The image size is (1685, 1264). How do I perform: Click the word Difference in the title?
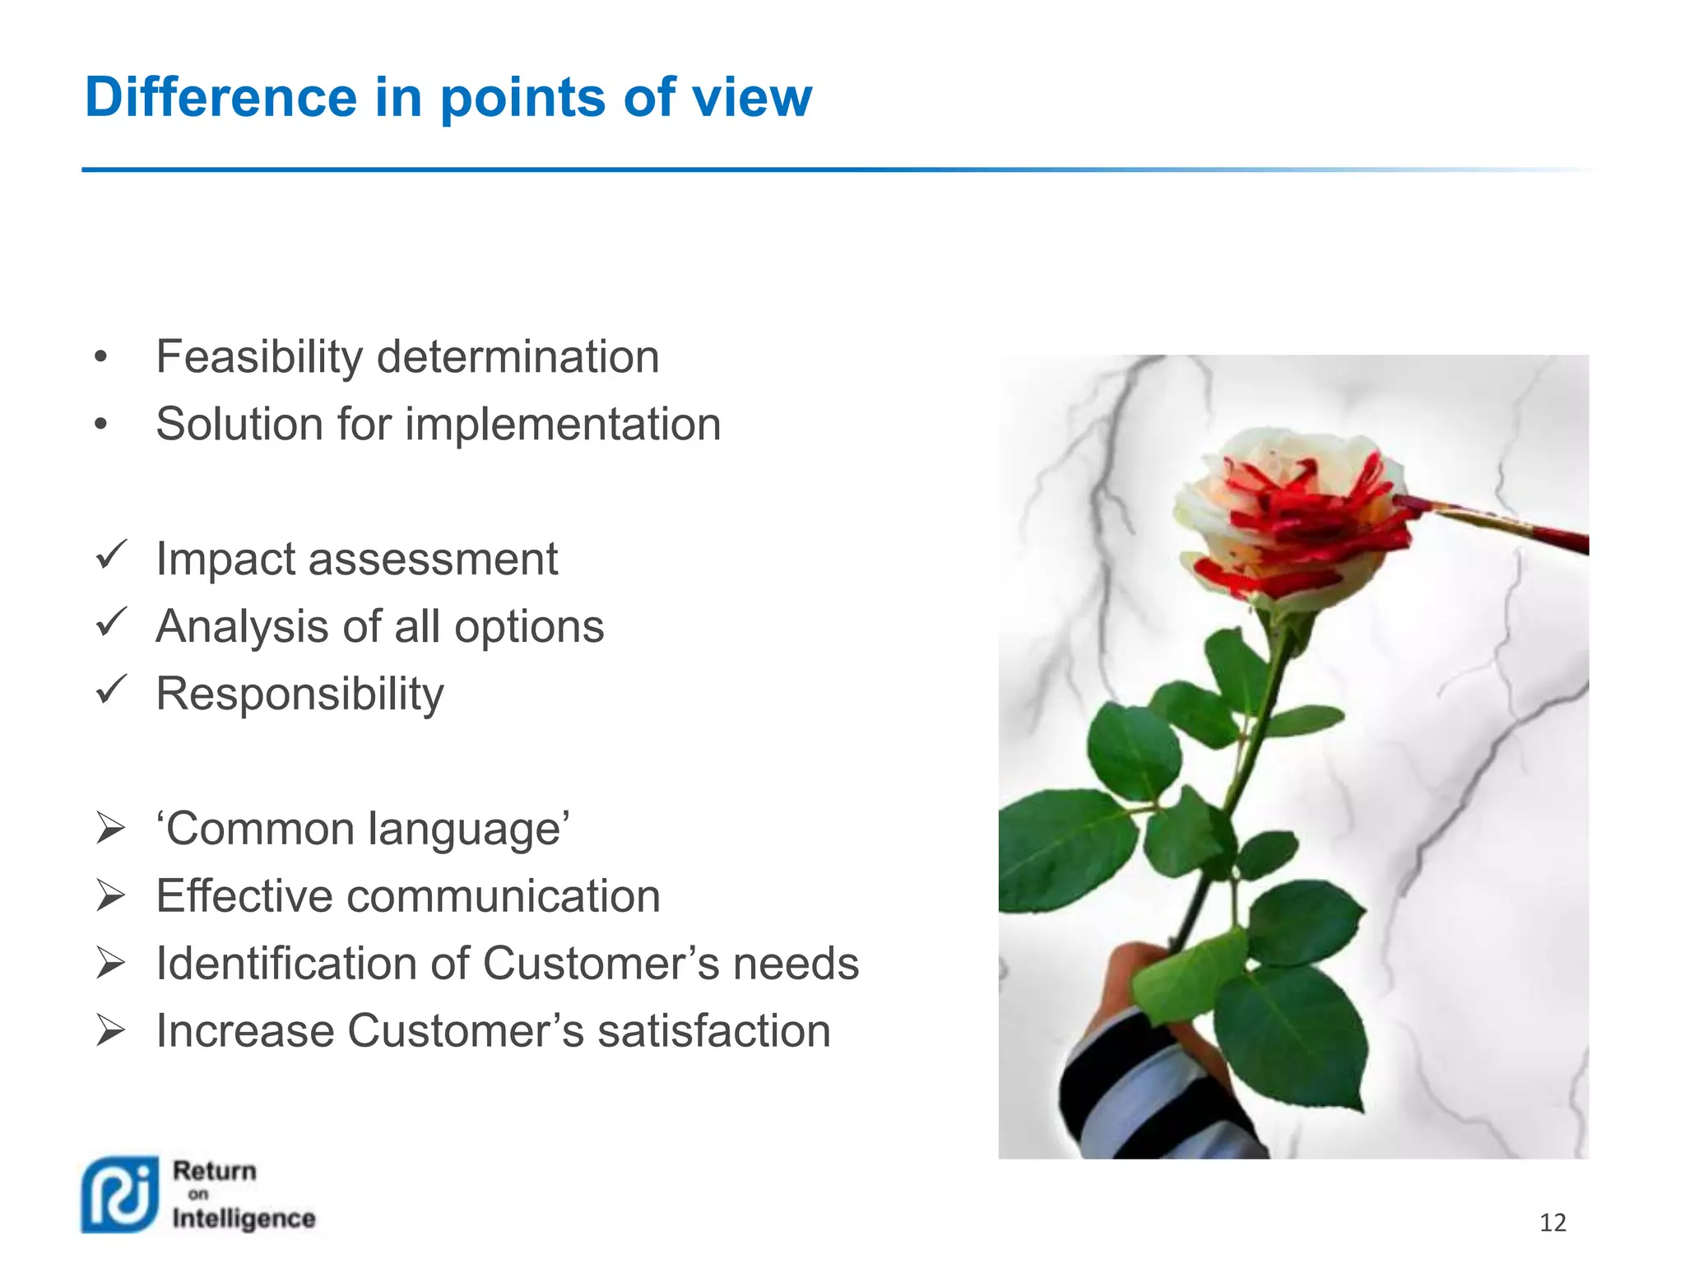pos(220,97)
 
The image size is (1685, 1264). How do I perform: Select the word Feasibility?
pos(259,357)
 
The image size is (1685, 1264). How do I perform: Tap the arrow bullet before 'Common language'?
pos(110,827)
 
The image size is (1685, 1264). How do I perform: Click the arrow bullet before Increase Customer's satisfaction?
pos(110,1030)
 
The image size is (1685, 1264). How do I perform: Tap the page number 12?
pos(1552,1223)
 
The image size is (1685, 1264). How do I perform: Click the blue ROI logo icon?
pos(120,1195)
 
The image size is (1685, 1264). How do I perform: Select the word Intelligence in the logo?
pos(244,1219)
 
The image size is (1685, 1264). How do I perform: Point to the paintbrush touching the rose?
pos(1497,523)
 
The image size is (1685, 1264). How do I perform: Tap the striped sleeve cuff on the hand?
pos(1144,1094)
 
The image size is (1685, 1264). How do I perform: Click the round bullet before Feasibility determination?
pos(100,358)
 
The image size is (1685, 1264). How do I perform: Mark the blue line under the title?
pos(658,170)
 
